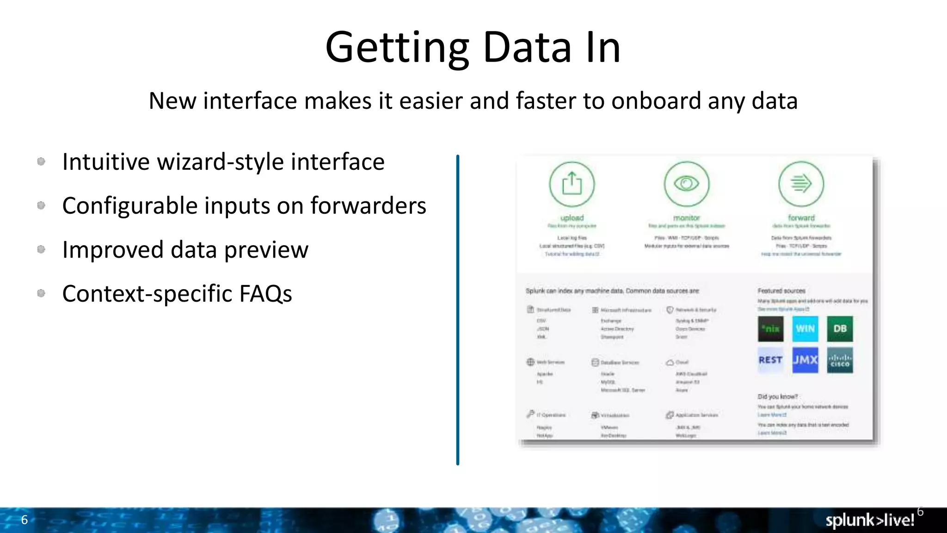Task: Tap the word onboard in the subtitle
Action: [x=656, y=101]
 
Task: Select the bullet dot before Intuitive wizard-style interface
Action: [x=41, y=161]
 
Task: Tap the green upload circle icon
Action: [x=572, y=184]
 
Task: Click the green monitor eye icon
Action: [x=686, y=184]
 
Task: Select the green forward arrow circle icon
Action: [x=801, y=184]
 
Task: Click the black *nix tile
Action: [x=770, y=328]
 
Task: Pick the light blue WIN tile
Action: [x=805, y=328]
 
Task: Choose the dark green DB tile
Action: [x=840, y=328]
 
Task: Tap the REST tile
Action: [x=770, y=360]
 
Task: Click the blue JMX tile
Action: [x=805, y=360]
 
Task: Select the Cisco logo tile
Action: [x=840, y=360]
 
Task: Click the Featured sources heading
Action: [x=781, y=291]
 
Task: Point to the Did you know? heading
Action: [x=778, y=397]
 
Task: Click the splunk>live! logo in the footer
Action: [x=870, y=520]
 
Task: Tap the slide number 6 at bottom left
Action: [x=25, y=520]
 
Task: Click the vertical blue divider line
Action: [x=458, y=310]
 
